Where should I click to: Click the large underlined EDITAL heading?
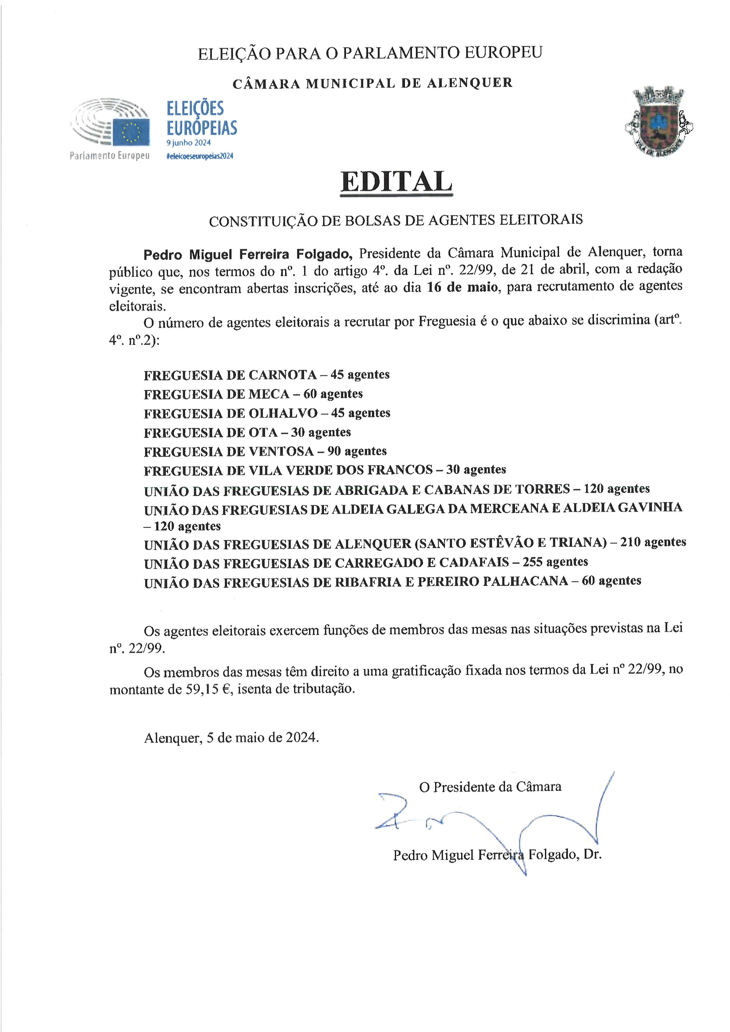[x=396, y=182]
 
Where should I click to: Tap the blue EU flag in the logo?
[x=131, y=132]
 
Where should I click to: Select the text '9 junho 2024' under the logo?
[x=188, y=143]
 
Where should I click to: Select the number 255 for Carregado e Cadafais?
[x=532, y=562]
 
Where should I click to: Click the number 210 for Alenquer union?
[x=630, y=543]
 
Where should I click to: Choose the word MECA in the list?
[x=269, y=394]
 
